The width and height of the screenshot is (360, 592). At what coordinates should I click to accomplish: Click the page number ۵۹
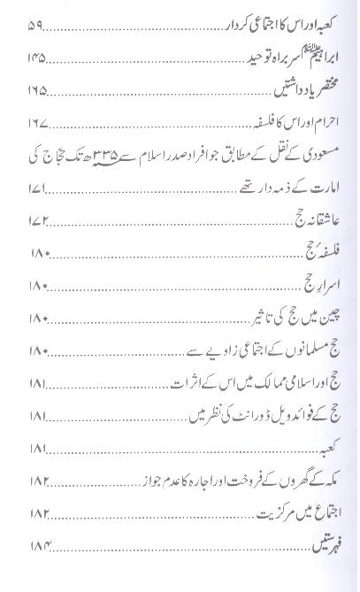click(x=42, y=36)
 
